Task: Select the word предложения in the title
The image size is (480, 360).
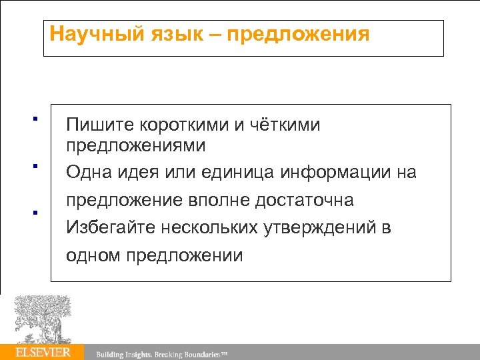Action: (298, 33)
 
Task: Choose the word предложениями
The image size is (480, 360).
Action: (136, 145)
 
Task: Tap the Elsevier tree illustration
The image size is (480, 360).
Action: (42, 319)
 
